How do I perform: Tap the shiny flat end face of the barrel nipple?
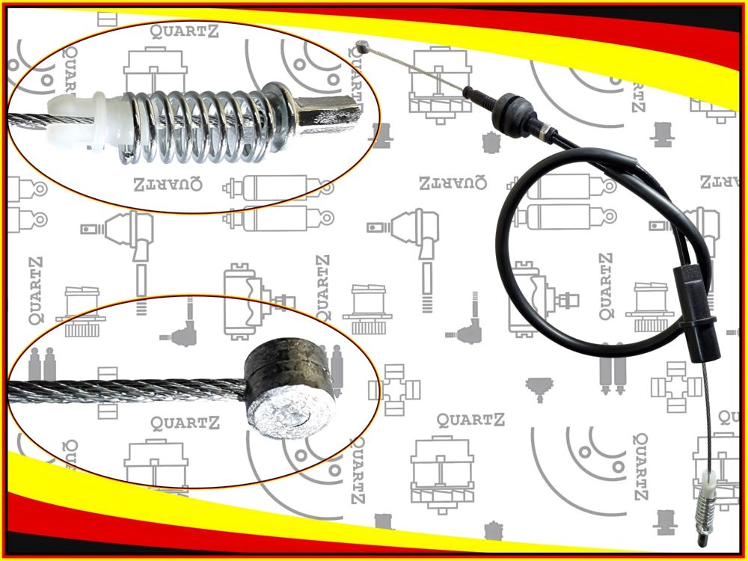(x=292, y=415)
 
